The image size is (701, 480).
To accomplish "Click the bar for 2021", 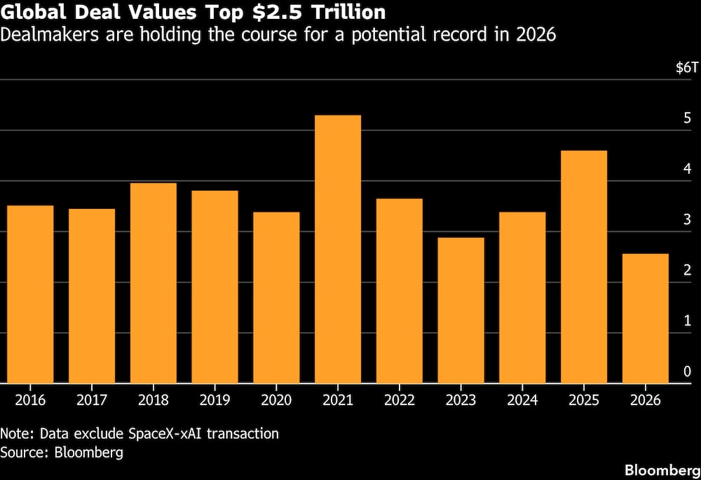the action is click(338, 249).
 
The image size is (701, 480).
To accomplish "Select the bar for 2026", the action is click(645, 319).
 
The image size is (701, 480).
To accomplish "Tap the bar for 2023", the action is click(461, 310).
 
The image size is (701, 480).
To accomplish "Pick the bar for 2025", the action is click(583, 267).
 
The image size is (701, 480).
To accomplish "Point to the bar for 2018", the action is click(154, 283).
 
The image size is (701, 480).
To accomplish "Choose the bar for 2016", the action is click(30, 294).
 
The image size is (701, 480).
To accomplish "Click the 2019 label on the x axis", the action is click(215, 399).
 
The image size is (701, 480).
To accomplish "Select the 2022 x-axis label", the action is click(400, 399).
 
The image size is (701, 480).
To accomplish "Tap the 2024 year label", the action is click(522, 399).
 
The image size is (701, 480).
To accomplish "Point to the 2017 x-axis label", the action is click(92, 399).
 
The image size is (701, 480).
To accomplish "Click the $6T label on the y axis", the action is click(687, 67).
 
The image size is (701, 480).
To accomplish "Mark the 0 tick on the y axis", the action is click(687, 371).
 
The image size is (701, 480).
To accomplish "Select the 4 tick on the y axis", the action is click(687, 168).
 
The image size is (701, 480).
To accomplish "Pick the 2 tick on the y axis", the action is click(687, 270).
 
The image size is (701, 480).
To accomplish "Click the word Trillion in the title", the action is click(348, 12).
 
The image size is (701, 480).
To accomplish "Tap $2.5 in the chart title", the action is click(277, 12).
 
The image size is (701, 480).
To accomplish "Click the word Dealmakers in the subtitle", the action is click(50, 34).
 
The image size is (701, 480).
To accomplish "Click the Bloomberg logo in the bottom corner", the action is click(662, 470).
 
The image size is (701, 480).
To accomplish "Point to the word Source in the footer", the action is click(24, 452).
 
